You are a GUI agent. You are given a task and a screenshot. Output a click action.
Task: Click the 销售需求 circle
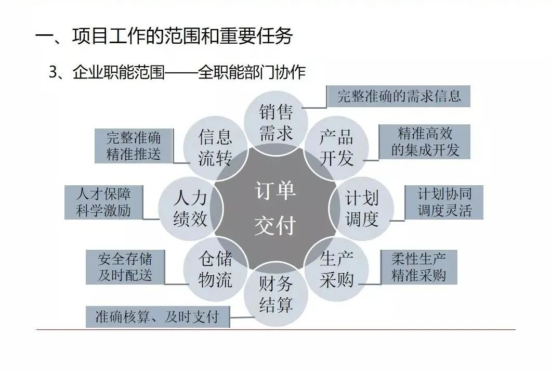pos(276,122)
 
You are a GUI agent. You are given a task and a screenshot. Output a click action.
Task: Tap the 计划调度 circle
pos(362,208)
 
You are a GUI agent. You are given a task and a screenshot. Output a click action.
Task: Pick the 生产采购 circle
pos(336,270)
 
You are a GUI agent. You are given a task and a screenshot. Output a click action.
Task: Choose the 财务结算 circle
pos(276,295)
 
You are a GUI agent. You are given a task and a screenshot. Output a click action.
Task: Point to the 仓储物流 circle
pos(215,270)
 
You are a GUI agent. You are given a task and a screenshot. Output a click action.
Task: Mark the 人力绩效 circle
pos(190,208)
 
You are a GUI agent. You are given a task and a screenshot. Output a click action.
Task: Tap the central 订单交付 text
pos(275,208)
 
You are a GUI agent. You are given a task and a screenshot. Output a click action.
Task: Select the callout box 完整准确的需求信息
pos(399,96)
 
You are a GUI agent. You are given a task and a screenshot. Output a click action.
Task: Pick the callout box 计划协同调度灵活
pos(444,202)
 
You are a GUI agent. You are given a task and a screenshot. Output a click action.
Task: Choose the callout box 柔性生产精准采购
pos(418,267)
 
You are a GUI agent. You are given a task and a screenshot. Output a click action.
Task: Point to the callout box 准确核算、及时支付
pos(158,317)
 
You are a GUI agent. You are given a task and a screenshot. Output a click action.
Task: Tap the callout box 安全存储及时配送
pos(125,267)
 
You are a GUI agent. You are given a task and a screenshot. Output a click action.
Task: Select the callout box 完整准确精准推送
pos(134,146)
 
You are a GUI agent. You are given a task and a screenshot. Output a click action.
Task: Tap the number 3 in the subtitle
pos(53,73)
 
